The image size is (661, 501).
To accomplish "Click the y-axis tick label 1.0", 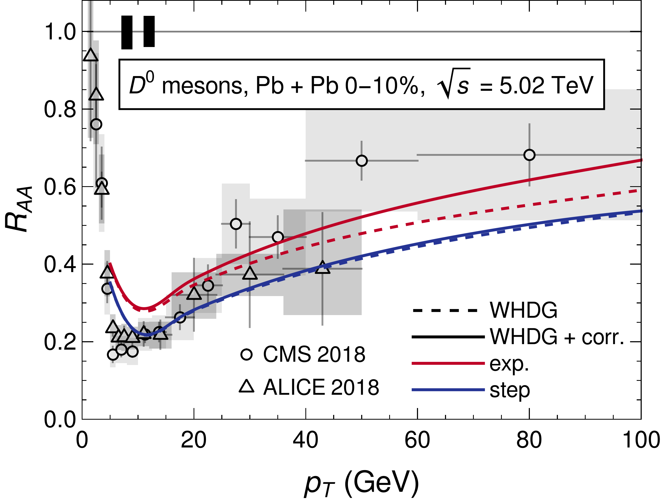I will point(60,32).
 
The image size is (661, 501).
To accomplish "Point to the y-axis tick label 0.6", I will point(60,187).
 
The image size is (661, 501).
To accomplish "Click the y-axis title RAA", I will point(19,209).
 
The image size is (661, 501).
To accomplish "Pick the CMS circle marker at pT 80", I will point(529,155).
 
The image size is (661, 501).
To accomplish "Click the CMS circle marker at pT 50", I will point(362,161).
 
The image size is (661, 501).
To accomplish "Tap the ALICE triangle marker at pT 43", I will point(322,268).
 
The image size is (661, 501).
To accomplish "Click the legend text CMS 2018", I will point(314,354).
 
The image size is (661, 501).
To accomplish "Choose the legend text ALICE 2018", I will point(321,387).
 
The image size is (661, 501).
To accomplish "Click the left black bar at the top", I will point(127,32).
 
